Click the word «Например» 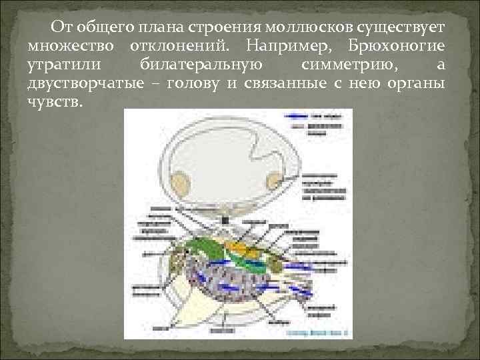(x=287, y=47)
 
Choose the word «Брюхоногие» (x=397, y=47)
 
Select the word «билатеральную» (x=202, y=65)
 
